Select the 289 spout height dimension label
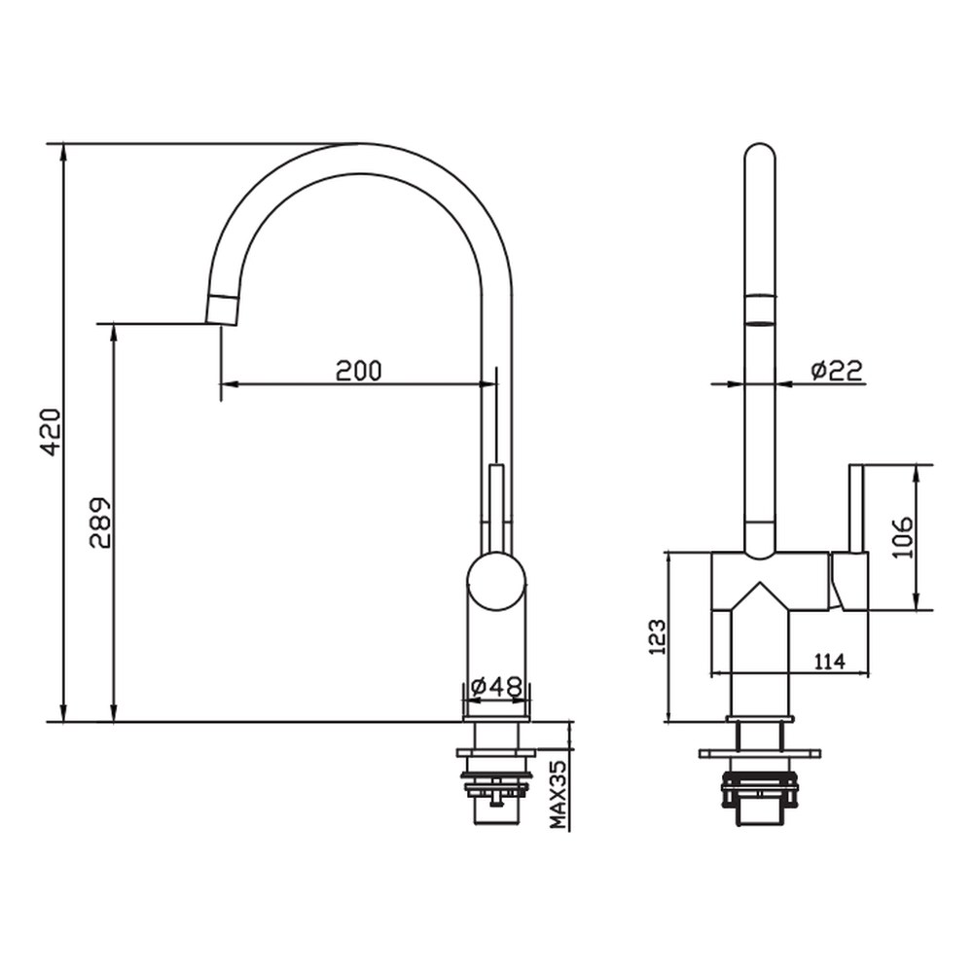click(100, 523)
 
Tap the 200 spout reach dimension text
click(359, 371)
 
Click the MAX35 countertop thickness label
click(559, 796)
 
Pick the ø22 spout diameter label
click(836, 371)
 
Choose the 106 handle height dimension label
click(904, 537)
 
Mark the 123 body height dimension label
click(657, 636)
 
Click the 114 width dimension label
click(829, 662)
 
